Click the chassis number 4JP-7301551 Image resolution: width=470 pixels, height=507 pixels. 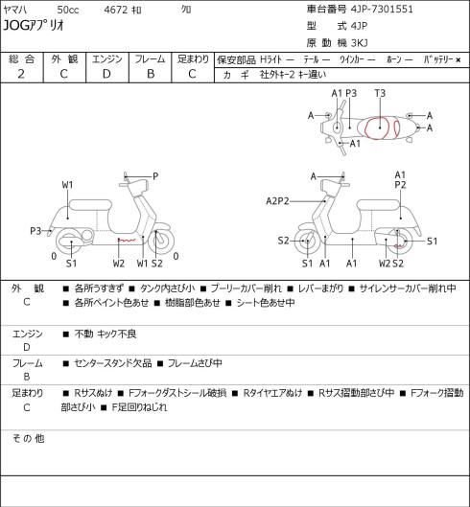coord(382,9)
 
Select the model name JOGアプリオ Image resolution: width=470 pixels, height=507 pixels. coord(34,25)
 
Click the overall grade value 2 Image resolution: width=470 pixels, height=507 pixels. coord(21,74)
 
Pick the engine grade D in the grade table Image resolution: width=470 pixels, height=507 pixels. coord(106,74)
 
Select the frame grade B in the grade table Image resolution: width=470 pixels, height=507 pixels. coord(151,74)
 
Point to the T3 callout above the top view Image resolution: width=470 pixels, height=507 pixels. coord(380,94)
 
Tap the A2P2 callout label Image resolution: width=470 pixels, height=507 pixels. coord(277,201)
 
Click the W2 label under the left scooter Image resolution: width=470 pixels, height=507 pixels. coord(119,264)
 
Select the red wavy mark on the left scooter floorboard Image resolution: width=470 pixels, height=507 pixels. coord(127,241)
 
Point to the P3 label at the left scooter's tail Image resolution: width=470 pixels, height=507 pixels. coord(35,231)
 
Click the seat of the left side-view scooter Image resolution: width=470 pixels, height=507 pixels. coord(90,205)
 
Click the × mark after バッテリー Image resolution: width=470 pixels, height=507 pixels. coord(458,59)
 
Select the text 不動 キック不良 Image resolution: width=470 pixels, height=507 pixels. coord(106,334)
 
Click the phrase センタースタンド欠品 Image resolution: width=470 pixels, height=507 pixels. coord(113,363)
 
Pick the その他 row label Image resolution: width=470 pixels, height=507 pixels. coord(28,438)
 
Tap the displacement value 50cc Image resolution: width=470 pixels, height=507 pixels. coord(68,10)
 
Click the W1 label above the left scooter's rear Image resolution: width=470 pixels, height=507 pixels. coord(68,185)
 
